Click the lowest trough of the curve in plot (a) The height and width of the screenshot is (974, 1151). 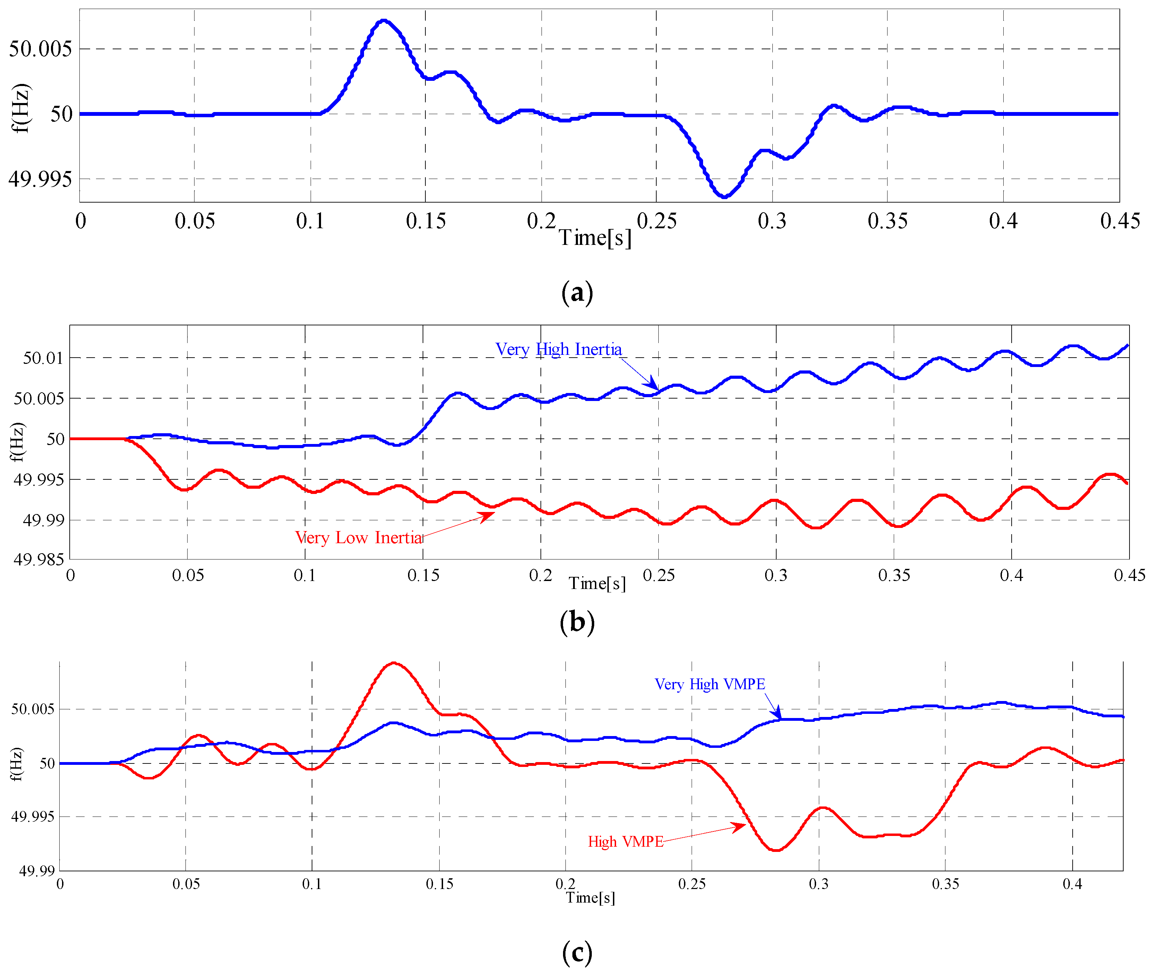[724, 196]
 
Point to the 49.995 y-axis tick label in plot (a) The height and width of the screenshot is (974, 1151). [40, 179]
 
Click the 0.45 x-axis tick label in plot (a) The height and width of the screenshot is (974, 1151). [1119, 221]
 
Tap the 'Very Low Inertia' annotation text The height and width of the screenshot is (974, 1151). [359, 537]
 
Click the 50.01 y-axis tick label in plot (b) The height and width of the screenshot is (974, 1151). [43, 358]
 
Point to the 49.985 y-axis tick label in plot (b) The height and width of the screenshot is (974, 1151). [38, 559]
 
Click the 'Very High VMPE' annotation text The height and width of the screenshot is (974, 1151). [710, 684]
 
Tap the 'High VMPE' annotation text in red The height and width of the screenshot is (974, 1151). [625, 841]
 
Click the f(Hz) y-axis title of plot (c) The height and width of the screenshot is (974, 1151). [17, 764]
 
